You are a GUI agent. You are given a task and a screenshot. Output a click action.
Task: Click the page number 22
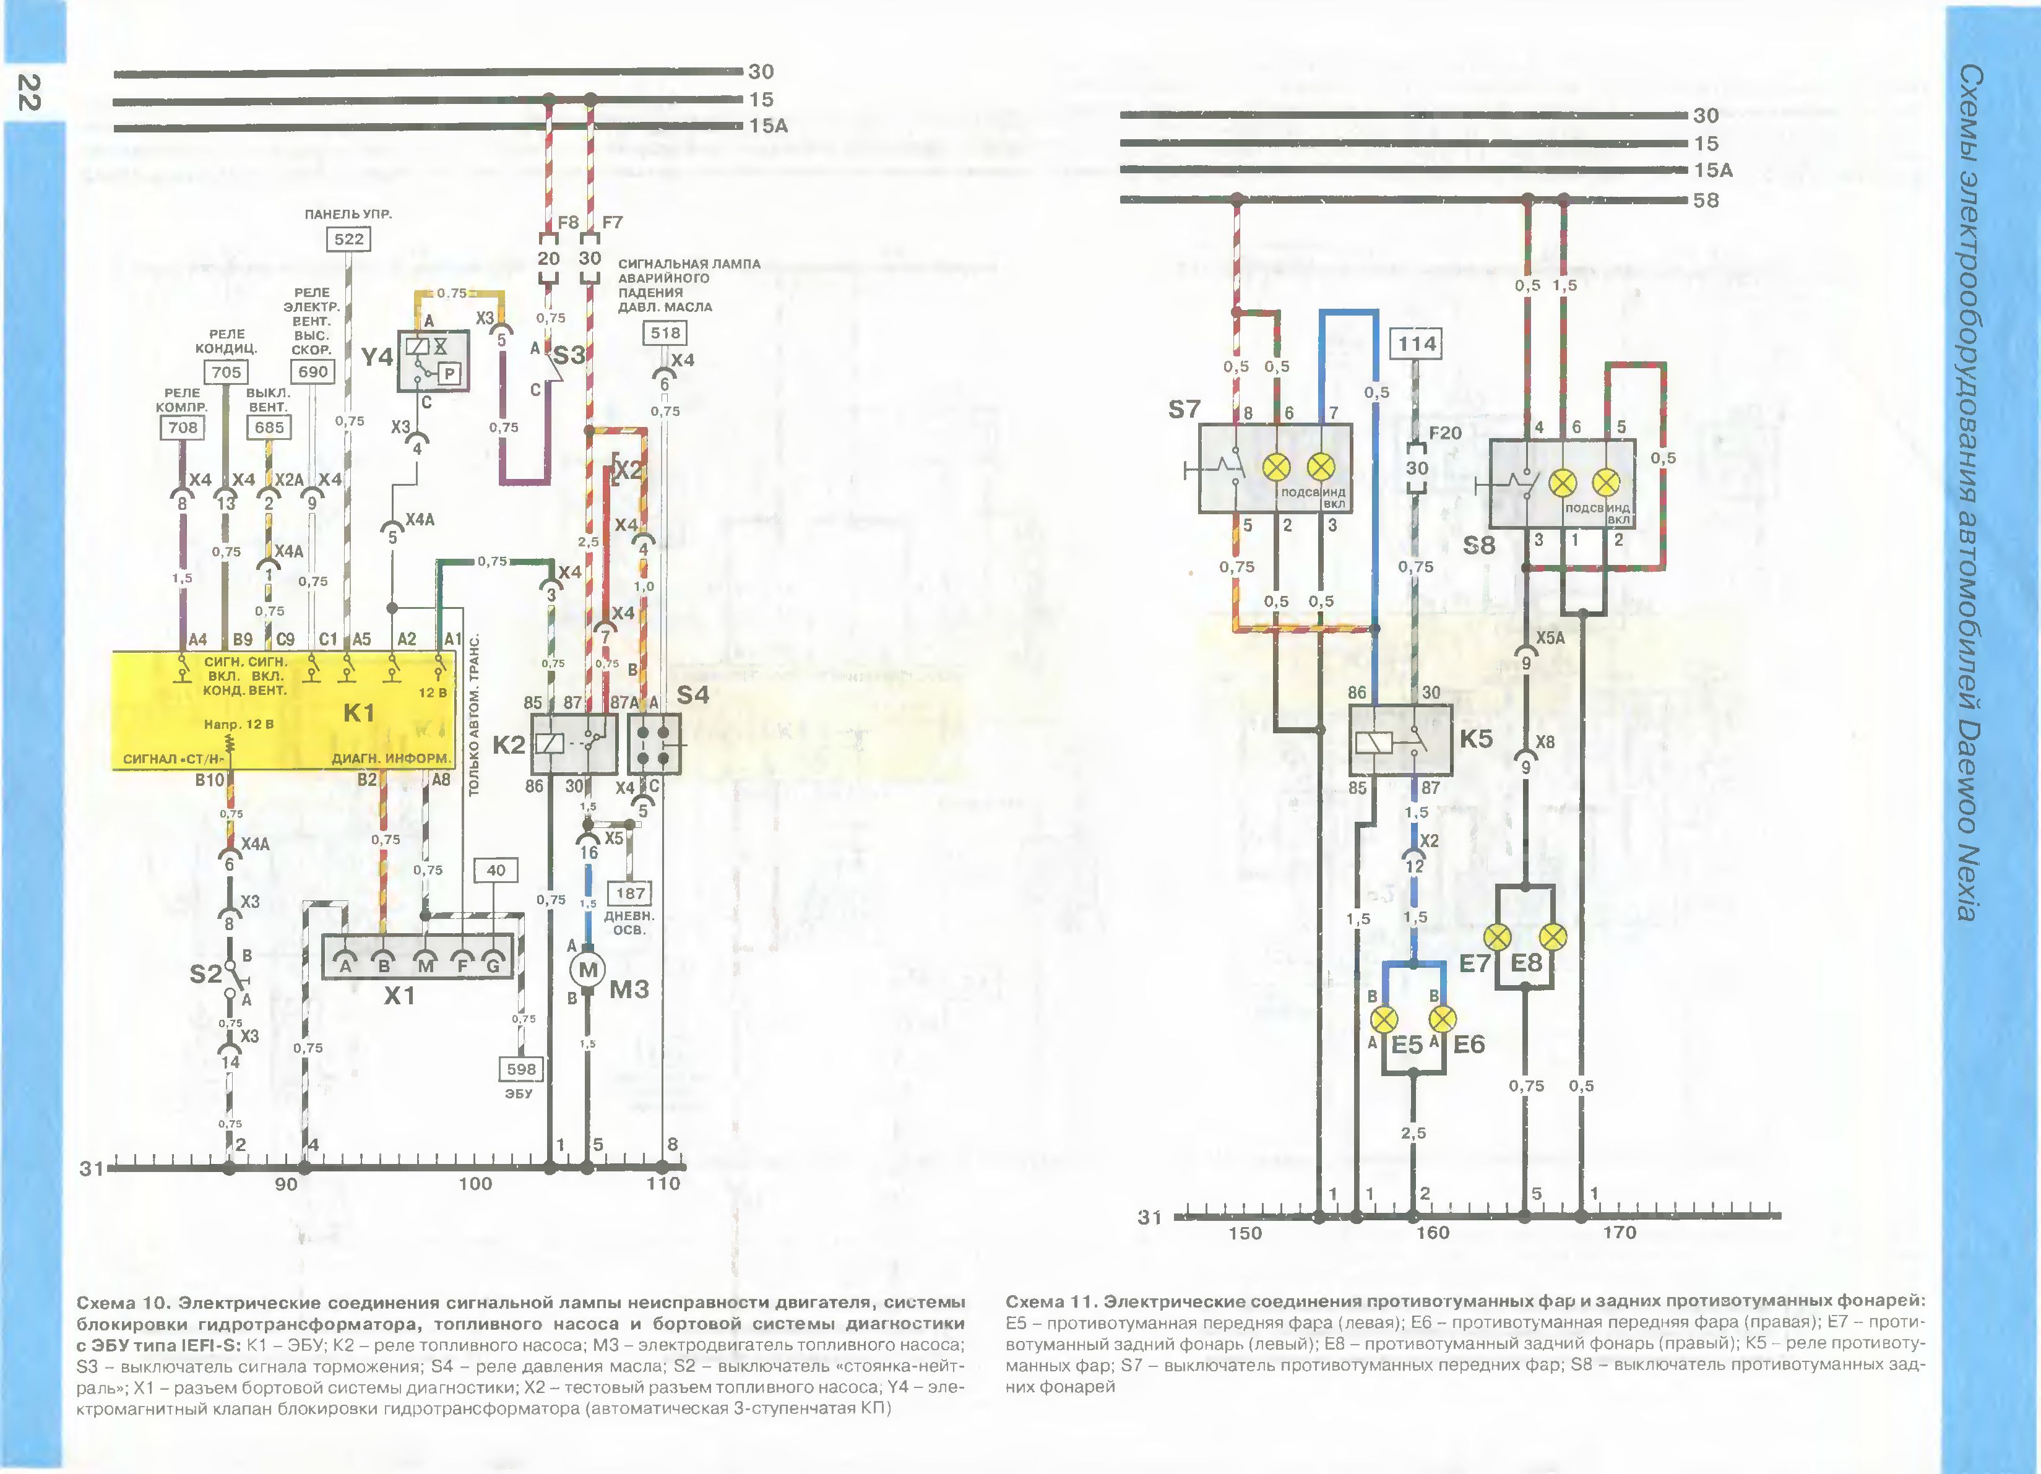[x=29, y=93]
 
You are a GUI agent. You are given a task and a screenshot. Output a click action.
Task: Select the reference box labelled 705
[x=226, y=372]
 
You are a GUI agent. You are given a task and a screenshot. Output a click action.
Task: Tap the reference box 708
[x=183, y=428]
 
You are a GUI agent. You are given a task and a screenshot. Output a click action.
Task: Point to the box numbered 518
[x=665, y=333]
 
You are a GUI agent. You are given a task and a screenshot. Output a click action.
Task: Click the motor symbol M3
[x=588, y=970]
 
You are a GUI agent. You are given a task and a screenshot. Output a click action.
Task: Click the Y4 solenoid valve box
[x=433, y=361]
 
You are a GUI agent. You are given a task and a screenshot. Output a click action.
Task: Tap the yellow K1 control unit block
[x=283, y=711]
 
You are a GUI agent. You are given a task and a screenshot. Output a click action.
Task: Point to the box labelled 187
[x=630, y=894]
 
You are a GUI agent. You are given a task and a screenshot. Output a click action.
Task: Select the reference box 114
[x=1417, y=344]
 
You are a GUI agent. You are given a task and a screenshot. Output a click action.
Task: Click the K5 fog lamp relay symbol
[x=1399, y=739]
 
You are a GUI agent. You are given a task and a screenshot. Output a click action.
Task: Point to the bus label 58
[x=1706, y=200]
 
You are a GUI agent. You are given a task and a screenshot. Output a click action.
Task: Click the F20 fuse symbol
[x=1417, y=468]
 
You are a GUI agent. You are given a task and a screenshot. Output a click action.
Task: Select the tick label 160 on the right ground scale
[x=1432, y=1233]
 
